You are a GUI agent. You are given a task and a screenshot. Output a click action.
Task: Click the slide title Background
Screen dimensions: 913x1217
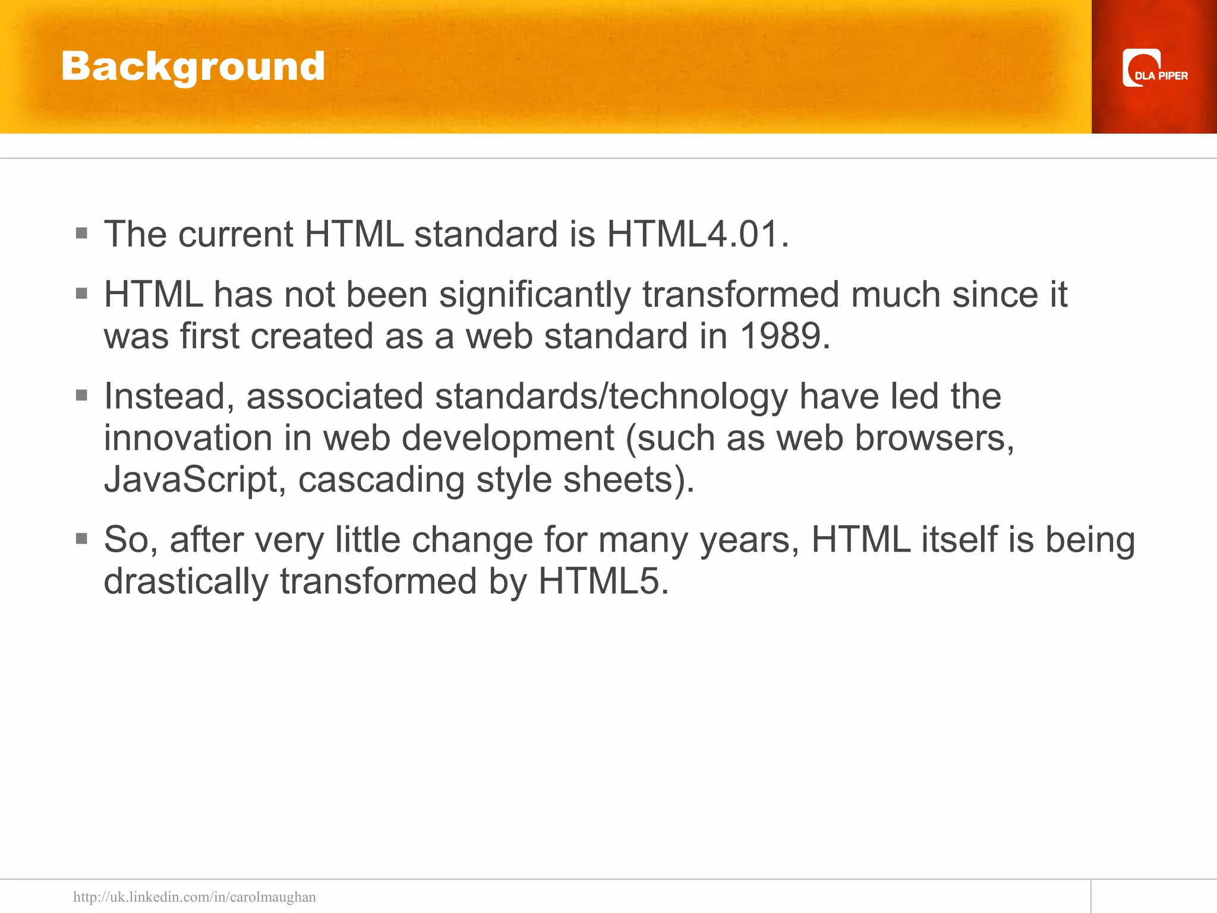[x=193, y=67]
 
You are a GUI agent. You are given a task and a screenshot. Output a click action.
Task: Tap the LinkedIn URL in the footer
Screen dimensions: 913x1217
[x=194, y=896]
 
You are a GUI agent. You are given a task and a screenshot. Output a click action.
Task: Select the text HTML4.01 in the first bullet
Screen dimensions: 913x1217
[x=692, y=234]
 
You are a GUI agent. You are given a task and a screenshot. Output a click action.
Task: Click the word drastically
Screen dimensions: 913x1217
[x=186, y=581]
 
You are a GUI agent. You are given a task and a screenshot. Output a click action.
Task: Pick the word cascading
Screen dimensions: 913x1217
[x=381, y=480]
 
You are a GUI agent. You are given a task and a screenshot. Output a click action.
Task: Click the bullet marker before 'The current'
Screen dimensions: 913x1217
[x=82, y=233]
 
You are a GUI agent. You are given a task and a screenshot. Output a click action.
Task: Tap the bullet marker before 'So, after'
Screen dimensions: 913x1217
[x=82, y=539]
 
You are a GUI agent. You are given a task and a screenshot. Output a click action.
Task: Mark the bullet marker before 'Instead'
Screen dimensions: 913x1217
[x=82, y=395]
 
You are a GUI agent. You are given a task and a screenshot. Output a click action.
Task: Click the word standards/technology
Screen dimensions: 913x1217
[x=611, y=396]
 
